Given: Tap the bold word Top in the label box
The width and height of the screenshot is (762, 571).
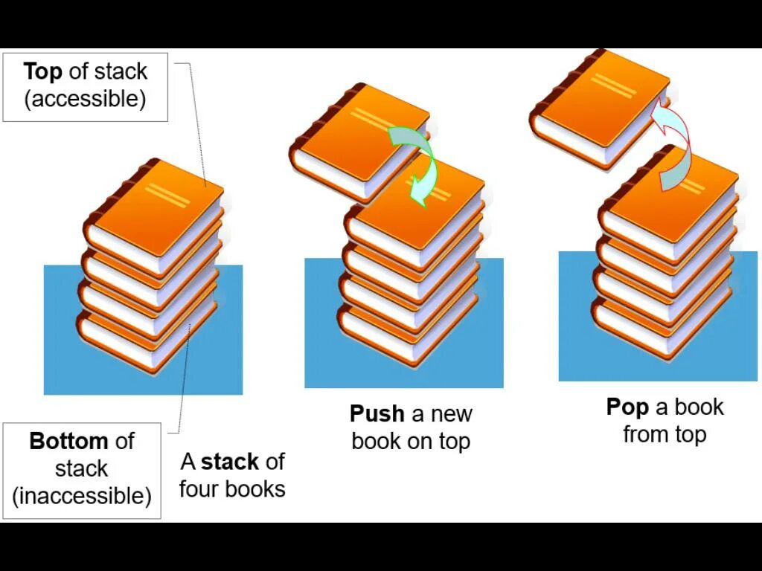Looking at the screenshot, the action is (x=42, y=72).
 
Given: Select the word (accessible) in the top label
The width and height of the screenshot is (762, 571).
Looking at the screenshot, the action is (x=85, y=99).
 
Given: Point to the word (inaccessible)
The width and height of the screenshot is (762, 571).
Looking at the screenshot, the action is (x=82, y=495).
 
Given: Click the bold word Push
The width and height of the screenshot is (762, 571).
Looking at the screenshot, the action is (x=377, y=413).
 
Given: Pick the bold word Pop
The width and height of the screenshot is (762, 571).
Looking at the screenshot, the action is (x=627, y=407).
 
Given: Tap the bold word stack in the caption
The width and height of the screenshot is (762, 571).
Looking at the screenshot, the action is (x=230, y=462).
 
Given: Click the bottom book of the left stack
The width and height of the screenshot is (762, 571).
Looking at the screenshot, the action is (x=141, y=338).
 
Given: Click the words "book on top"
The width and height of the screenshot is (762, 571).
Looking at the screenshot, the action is (x=411, y=441).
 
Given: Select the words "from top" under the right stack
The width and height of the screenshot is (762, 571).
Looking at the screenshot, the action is (x=665, y=434).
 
